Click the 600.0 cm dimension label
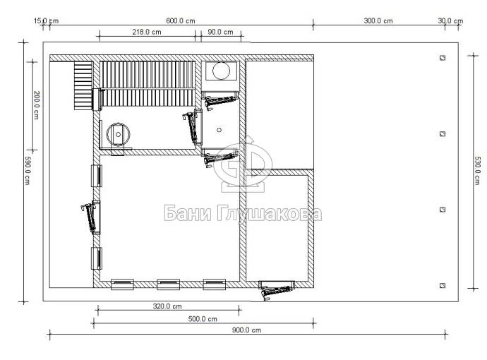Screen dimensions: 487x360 181,20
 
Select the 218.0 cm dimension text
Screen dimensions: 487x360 147,32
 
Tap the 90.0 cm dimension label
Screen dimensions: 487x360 220,32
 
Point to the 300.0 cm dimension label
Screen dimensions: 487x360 378,20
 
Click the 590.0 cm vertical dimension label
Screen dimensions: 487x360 28,170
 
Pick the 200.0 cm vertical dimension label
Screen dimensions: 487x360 36,105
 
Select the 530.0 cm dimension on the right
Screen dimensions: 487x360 477,171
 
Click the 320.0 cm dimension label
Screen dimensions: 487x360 167,306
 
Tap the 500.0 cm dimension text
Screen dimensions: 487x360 203,318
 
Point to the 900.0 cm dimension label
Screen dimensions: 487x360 246,330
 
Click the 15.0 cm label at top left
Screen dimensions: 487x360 46,20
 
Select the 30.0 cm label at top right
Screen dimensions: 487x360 450,20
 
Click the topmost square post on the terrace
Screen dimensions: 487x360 443,57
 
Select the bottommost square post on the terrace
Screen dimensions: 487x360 443,285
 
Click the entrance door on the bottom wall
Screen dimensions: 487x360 277,289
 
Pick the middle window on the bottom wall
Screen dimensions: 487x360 169,284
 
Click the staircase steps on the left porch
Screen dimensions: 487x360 83,85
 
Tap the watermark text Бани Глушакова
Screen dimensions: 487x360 243,213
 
